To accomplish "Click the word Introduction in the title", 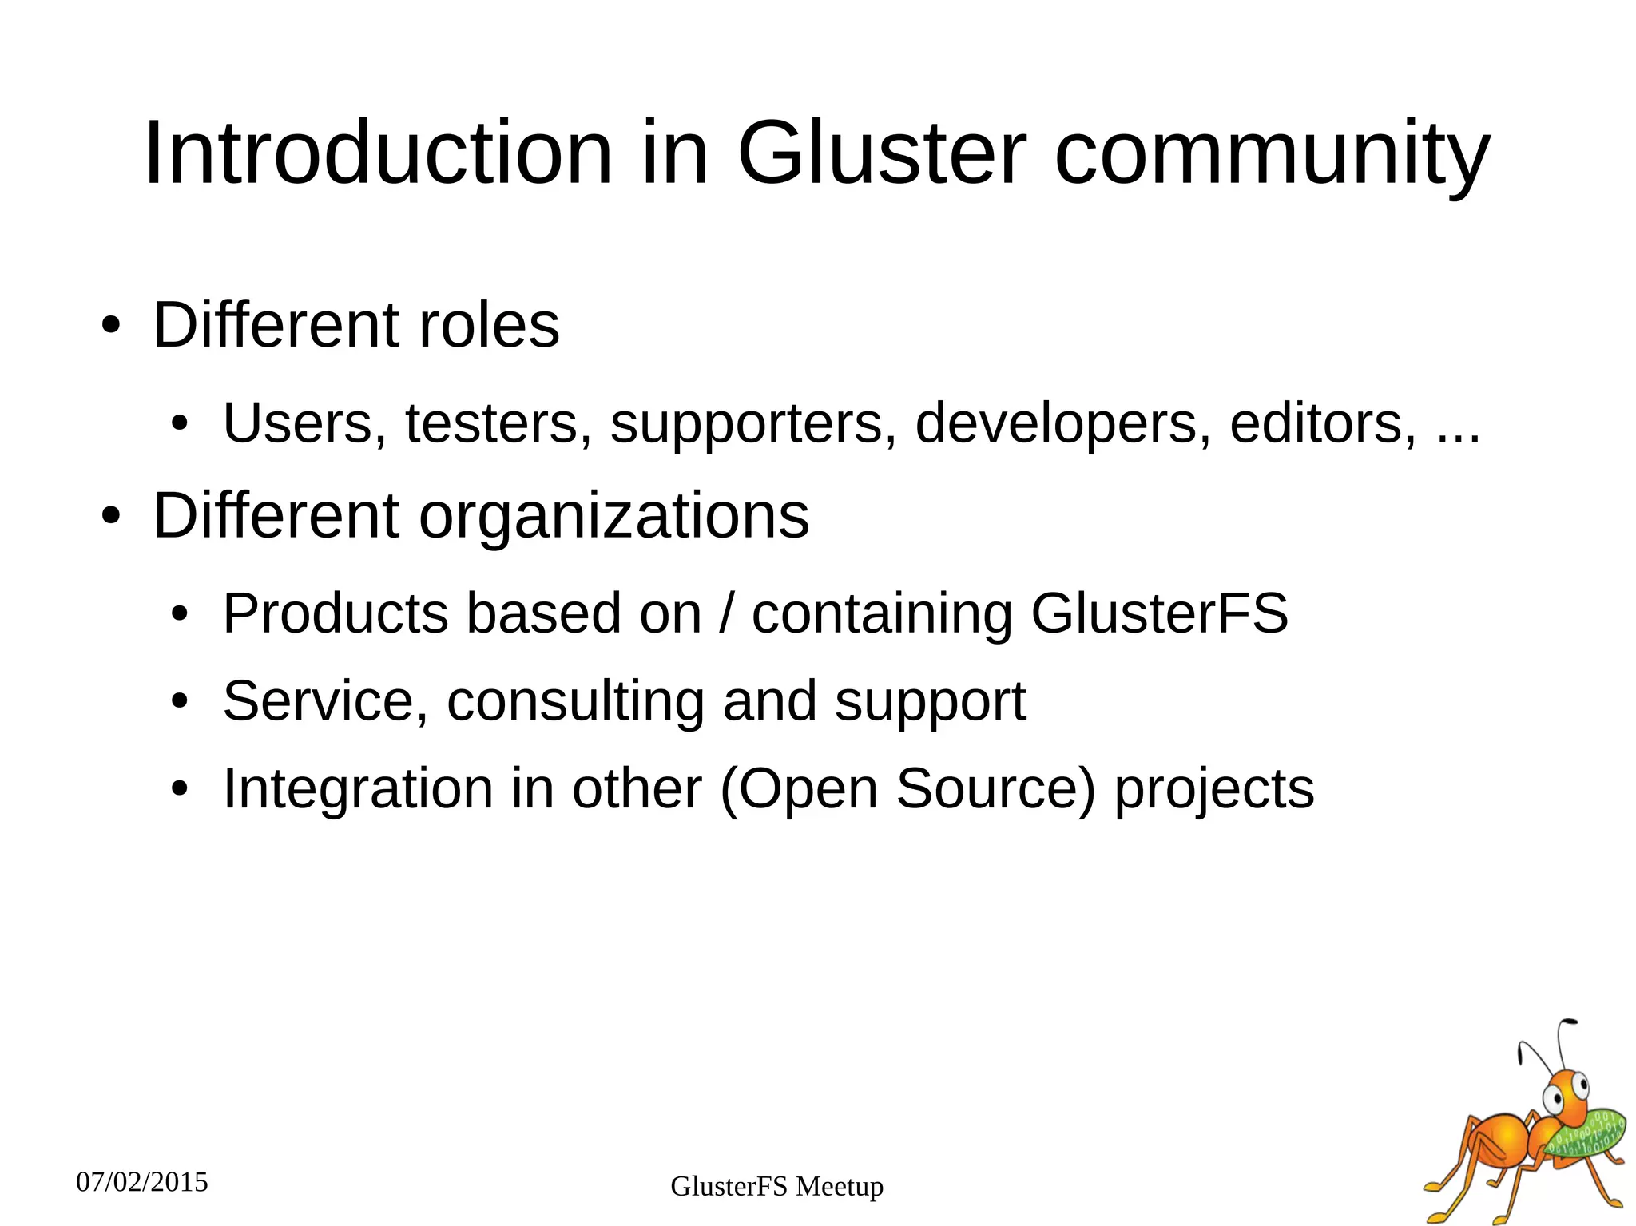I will click(378, 153).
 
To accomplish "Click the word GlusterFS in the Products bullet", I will click(1159, 613).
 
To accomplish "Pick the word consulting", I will click(576, 701).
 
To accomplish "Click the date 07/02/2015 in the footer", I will click(142, 1182).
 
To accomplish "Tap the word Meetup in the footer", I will click(840, 1187).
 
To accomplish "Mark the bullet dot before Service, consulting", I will click(180, 701).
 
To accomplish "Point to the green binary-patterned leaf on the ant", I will click(1586, 1134).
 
